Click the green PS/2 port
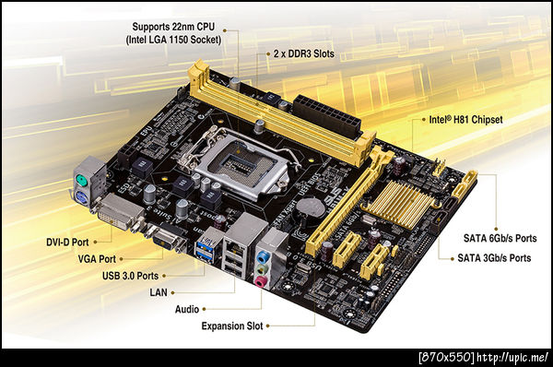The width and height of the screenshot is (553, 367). (81, 182)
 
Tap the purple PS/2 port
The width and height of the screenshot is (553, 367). (81, 197)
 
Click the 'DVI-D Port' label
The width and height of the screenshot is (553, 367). (67, 243)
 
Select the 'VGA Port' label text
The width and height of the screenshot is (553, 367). (97, 259)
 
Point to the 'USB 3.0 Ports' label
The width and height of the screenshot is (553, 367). (130, 276)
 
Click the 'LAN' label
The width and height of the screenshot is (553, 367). (159, 292)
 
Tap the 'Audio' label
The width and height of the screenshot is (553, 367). (187, 309)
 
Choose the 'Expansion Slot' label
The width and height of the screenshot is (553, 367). (232, 326)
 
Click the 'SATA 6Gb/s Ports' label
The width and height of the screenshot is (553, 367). (500, 238)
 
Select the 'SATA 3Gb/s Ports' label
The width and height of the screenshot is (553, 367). (494, 258)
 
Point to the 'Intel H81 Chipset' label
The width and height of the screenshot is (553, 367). (465, 120)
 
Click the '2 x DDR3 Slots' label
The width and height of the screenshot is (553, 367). (303, 53)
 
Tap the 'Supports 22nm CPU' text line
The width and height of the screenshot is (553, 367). (173, 27)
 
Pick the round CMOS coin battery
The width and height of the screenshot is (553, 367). (309, 207)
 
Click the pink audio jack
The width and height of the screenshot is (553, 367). (260, 281)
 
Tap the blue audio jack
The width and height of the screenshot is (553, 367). (263, 255)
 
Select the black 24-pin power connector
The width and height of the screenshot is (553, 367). (327, 115)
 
